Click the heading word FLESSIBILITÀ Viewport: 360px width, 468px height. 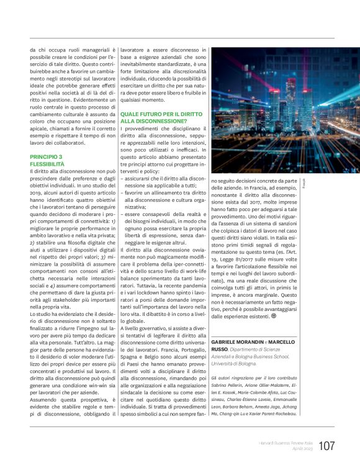point(49,164)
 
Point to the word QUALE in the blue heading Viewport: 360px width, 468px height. point(132,114)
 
